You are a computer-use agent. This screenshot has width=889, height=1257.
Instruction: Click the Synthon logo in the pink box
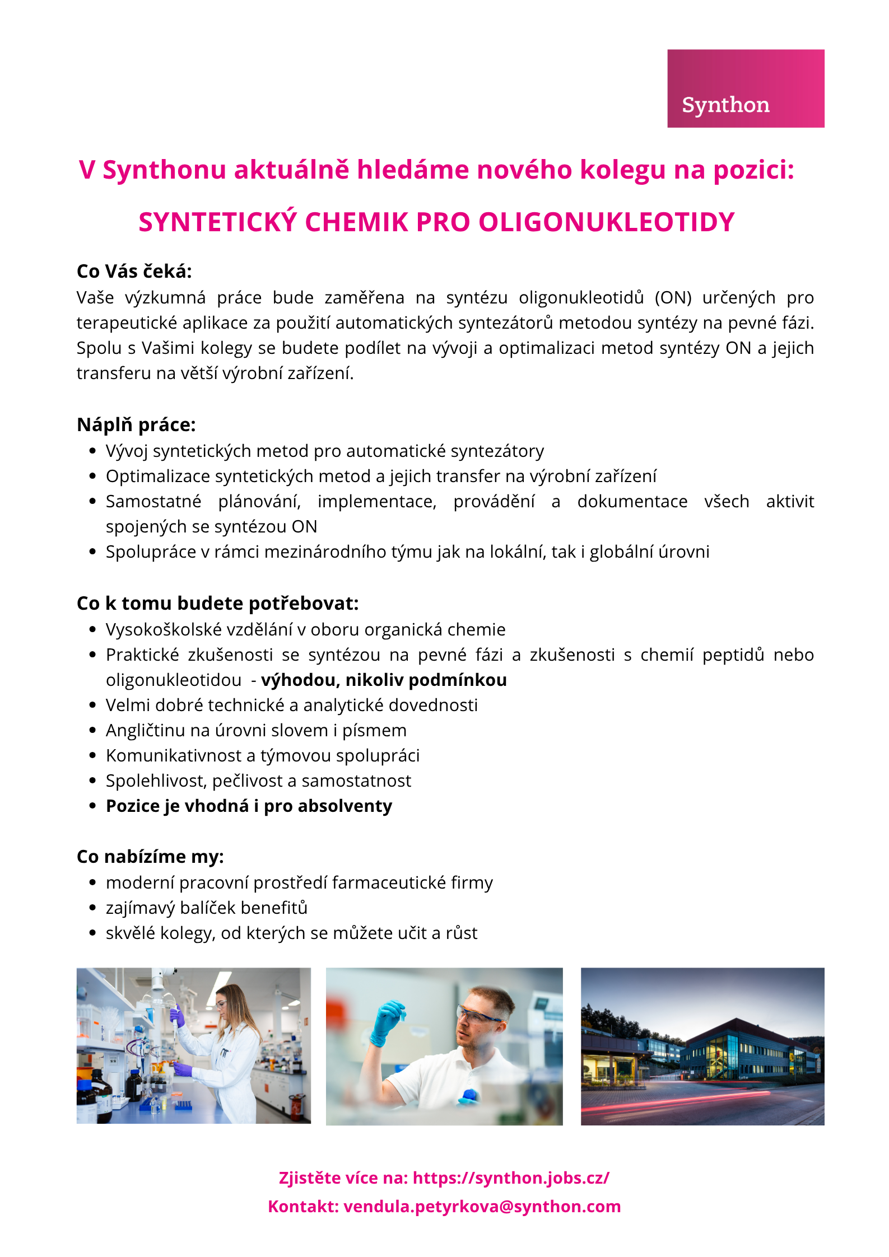(725, 105)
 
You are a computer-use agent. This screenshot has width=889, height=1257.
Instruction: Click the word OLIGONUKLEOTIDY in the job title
(606, 222)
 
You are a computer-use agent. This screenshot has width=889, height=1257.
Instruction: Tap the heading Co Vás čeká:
(134, 272)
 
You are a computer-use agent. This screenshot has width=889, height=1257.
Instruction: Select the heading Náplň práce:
(136, 425)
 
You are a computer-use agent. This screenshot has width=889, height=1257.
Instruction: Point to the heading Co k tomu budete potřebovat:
(217, 604)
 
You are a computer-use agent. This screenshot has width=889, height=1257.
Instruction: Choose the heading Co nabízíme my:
(150, 857)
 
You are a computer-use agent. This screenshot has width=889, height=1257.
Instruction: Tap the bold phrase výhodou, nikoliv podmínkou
(384, 680)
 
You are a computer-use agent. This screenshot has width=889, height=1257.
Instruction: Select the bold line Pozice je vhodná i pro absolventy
(249, 806)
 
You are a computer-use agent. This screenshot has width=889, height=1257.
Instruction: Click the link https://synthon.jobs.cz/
(511, 1178)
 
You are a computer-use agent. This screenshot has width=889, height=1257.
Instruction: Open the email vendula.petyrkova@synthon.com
(482, 1206)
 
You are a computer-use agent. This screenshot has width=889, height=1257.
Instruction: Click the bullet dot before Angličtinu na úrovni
(93, 731)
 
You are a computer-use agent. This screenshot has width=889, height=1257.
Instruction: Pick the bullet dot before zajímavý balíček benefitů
(93, 908)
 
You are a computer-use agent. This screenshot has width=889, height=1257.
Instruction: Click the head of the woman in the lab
(230, 1002)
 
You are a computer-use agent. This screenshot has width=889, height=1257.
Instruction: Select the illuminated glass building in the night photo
(723, 1053)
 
